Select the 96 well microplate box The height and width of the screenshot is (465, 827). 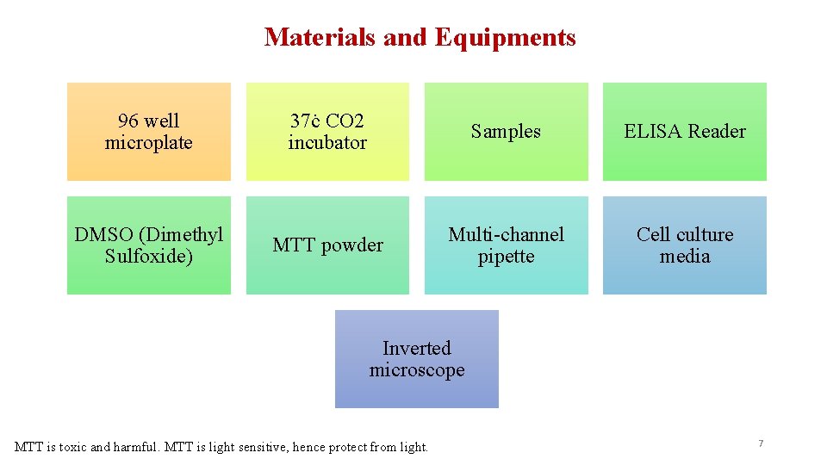[x=149, y=132]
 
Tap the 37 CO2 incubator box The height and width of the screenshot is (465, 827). [x=327, y=132]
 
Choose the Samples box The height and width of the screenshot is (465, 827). [x=506, y=132]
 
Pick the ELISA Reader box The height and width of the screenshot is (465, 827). [x=685, y=132]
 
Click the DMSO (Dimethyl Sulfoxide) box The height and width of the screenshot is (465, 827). [x=149, y=245]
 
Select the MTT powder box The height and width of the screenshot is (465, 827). [x=327, y=245]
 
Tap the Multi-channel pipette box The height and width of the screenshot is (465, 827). [x=506, y=245]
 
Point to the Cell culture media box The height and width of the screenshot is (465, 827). [x=685, y=245]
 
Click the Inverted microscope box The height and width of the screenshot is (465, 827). [x=417, y=359]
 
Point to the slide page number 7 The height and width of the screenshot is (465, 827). [x=761, y=443]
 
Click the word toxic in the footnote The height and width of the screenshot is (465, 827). [x=72, y=447]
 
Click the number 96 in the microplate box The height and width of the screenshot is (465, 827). [x=129, y=121]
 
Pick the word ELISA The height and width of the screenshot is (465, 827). [x=652, y=132]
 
